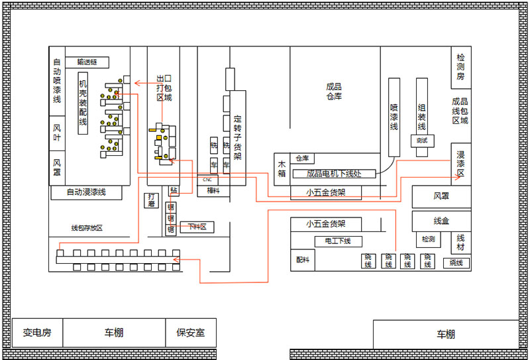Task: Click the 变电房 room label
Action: (x=37, y=333)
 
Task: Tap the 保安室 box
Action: (x=190, y=333)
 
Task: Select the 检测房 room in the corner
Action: (x=460, y=67)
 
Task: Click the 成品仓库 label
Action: (x=334, y=91)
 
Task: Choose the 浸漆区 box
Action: (x=460, y=164)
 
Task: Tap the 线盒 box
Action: (x=441, y=221)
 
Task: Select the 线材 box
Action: (x=461, y=242)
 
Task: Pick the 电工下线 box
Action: (x=337, y=241)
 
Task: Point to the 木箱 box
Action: (x=282, y=168)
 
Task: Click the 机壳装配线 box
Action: (x=83, y=103)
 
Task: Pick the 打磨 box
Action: (x=152, y=200)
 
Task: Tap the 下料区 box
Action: (x=197, y=227)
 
